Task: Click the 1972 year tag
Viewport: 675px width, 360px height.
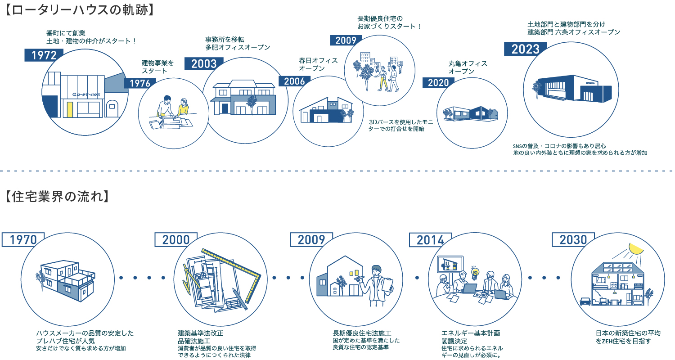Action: click(x=44, y=55)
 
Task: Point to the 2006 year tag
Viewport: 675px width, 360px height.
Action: click(x=295, y=81)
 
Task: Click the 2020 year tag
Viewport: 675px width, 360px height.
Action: click(x=438, y=82)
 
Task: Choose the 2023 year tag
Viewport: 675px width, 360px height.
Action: click(x=525, y=49)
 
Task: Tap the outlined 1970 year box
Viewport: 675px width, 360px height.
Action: click(x=23, y=239)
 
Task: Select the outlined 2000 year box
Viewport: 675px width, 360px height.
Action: click(x=176, y=239)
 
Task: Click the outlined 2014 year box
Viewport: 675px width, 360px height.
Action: click(x=430, y=240)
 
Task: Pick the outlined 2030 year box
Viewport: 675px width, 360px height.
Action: click(x=573, y=239)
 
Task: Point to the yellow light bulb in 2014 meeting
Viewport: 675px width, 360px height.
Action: click(x=474, y=271)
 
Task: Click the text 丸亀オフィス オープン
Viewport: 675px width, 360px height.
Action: click(x=468, y=67)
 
